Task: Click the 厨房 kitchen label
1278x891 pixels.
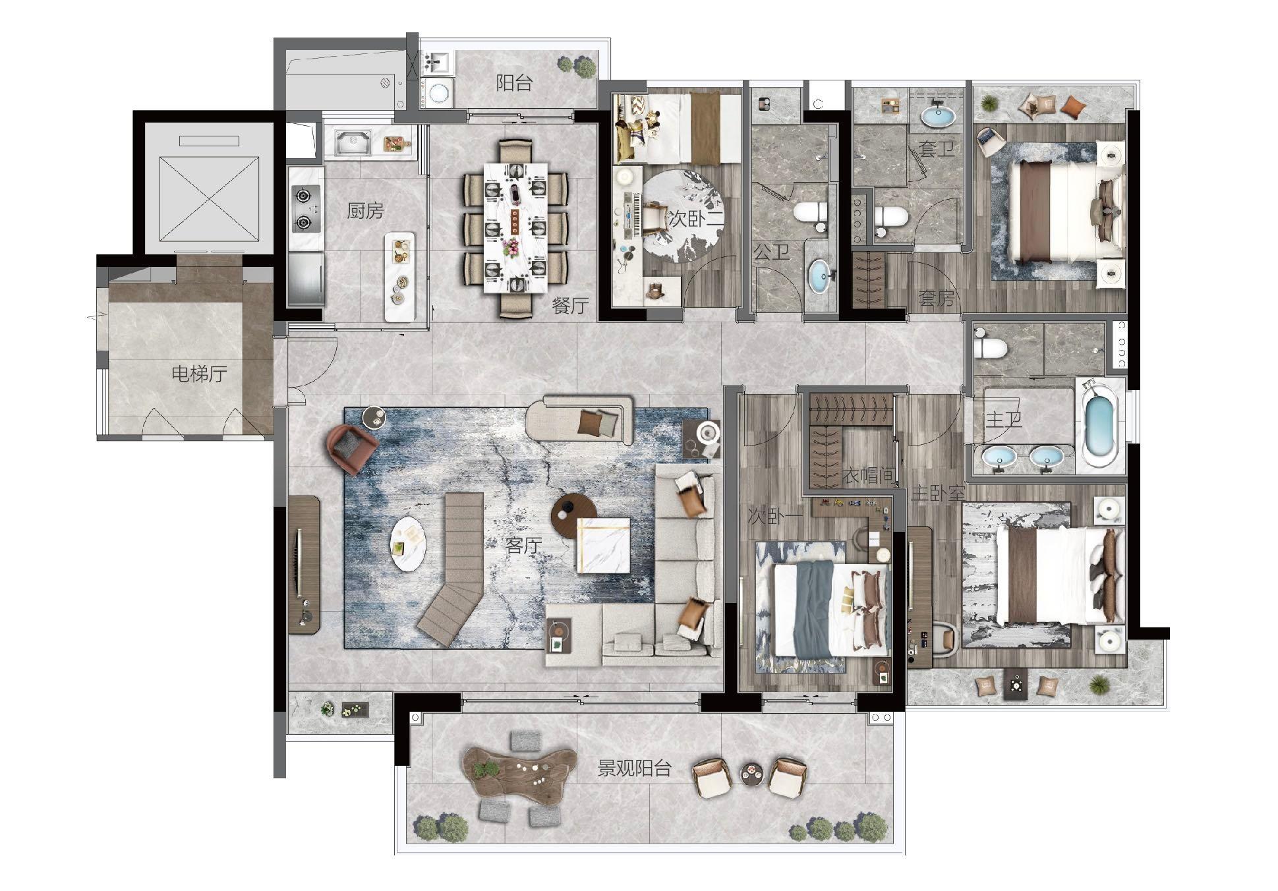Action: pyautogui.click(x=365, y=212)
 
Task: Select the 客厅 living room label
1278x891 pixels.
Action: pyautogui.click(x=523, y=545)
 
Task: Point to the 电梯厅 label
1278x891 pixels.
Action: pyautogui.click(x=199, y=374)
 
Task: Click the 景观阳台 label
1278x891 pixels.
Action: pyautogui.click(x=634, y=768)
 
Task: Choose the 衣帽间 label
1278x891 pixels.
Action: pyautogui.click(x=869, y=475)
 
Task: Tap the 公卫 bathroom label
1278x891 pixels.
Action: pyautogui.click(x=771, y=251)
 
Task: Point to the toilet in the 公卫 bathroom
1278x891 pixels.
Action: pyautogui.click(x=810, y=212)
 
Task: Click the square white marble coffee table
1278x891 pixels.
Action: pyautogui.click(x=603, y=546)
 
